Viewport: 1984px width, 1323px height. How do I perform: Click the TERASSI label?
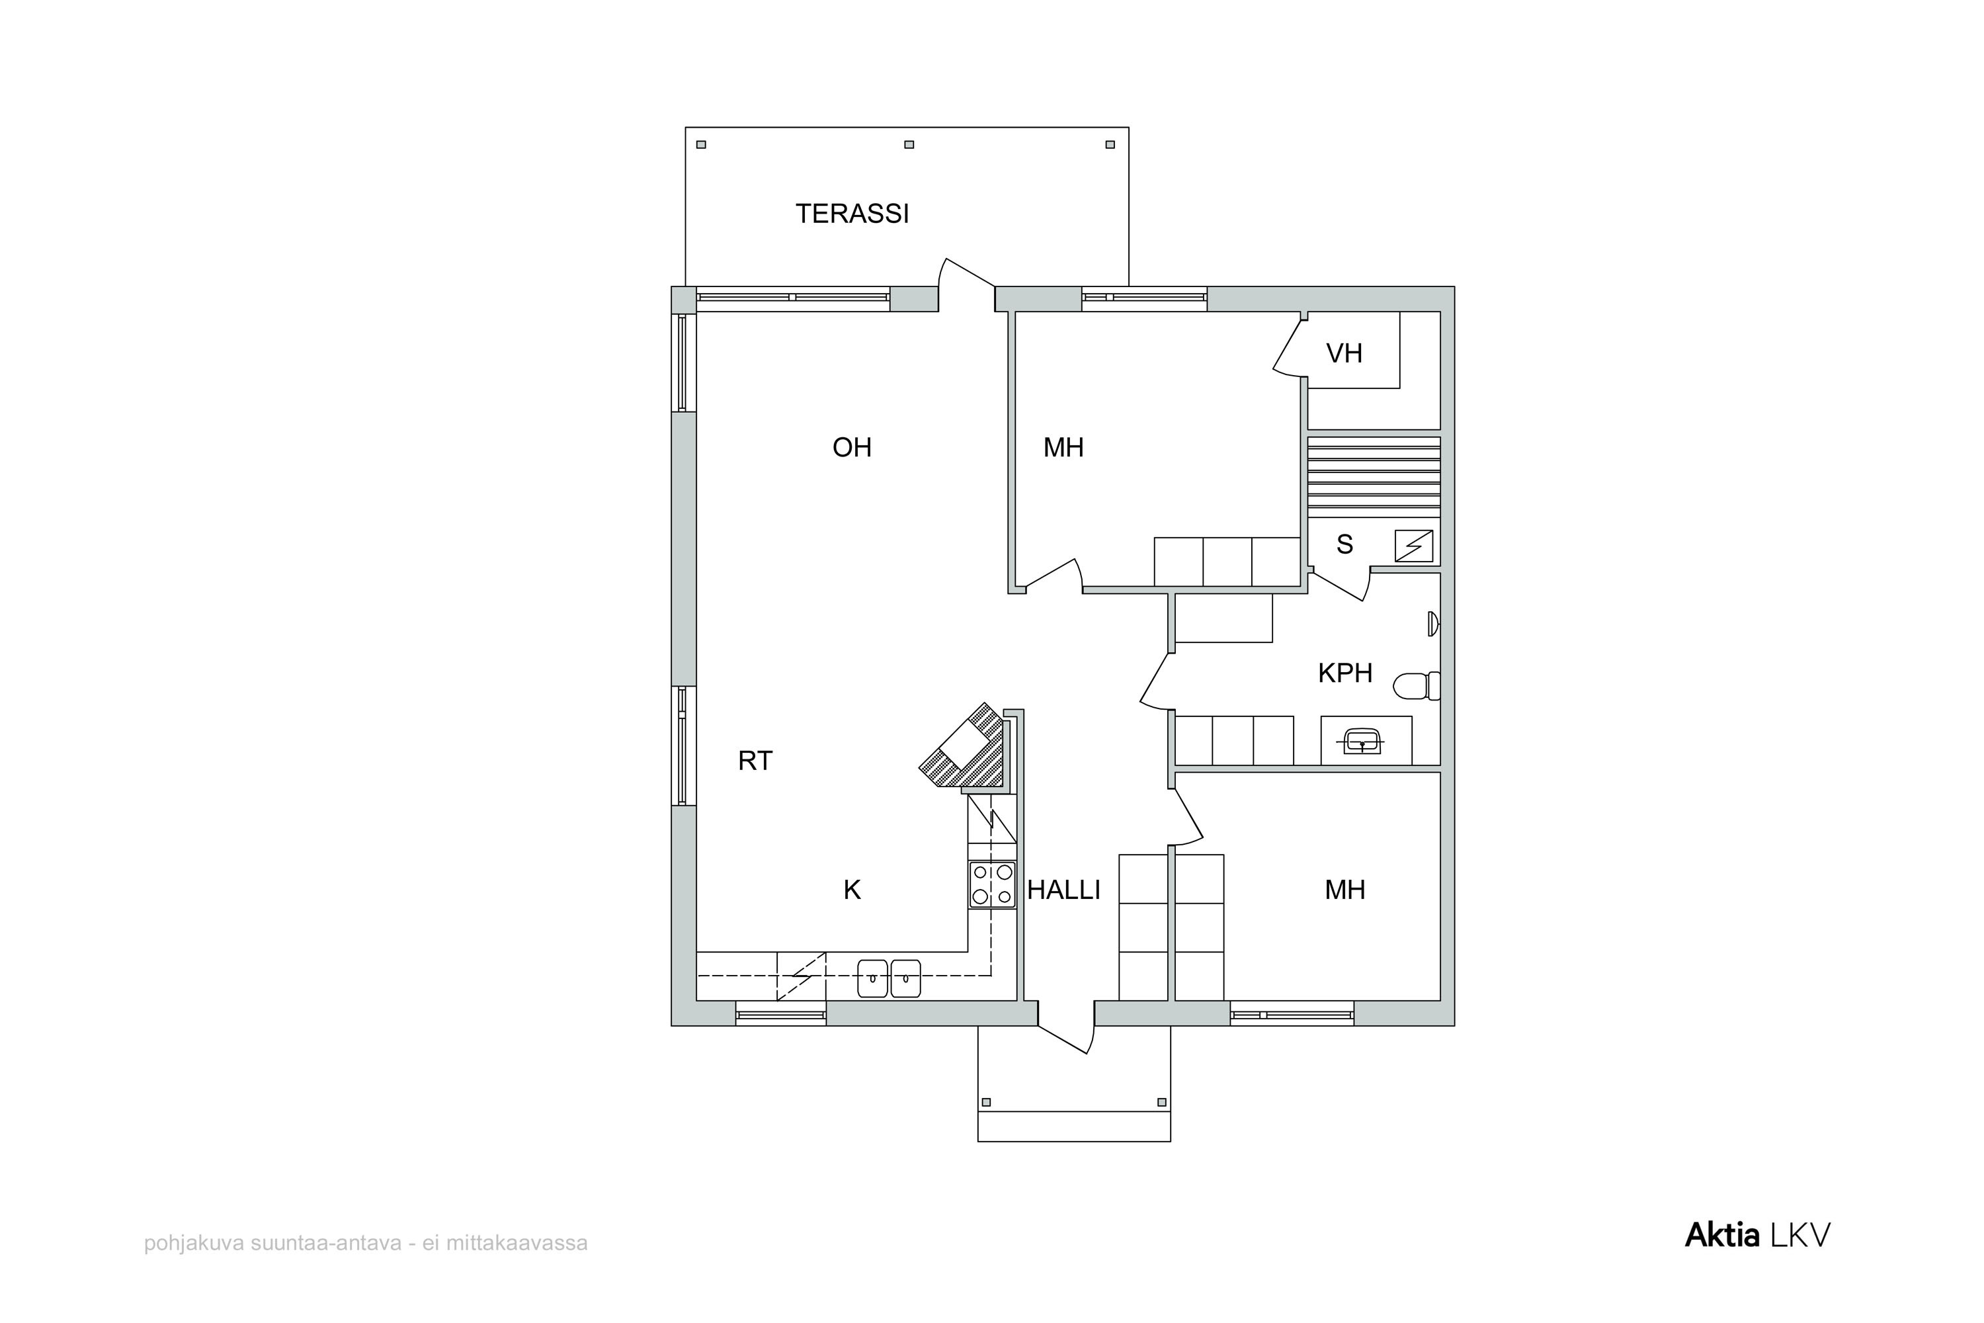[852, 214]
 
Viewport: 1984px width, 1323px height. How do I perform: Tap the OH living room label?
[852, 447]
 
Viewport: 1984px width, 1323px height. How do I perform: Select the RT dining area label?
[755, 761]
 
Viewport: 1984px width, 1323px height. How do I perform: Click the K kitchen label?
[852, 889]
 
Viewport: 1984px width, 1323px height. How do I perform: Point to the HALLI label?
[1063, 889]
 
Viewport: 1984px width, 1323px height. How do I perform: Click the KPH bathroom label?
[1345, 673]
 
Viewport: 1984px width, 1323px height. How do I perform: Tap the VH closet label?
[1344, 353]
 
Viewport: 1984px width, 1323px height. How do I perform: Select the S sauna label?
[1344, 544]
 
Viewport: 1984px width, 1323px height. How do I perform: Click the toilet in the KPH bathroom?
[1417, 686]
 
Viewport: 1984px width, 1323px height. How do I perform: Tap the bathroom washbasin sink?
[1362, 742]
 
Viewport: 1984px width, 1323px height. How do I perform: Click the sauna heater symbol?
[1414, 546]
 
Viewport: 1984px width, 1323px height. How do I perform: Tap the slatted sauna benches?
[1374, 477]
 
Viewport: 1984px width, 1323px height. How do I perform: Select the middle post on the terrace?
[909, 144]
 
